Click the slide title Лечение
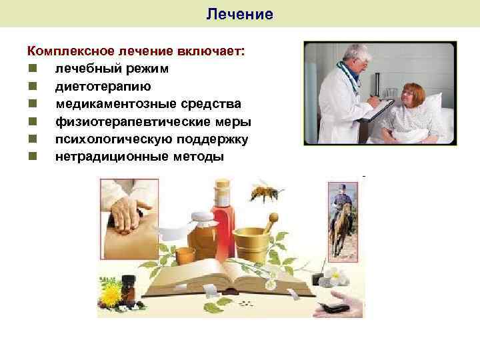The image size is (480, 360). pos(240,14)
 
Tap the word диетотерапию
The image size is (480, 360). pos(103,86)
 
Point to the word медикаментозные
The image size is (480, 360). pos(107,104)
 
